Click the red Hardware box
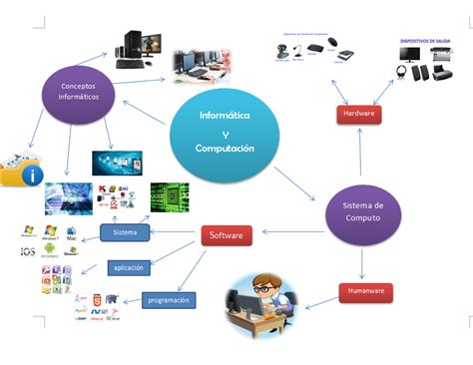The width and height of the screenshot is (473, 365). click(x=358, y=116)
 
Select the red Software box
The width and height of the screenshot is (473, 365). click(x=225, y=236)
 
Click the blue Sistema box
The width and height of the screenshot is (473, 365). click(x=125, y=232)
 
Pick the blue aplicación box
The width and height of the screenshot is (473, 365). click(x=130, y=267)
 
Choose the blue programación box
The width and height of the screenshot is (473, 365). click(x=169, y=299)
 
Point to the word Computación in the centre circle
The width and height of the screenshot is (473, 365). click(x=225, y=149)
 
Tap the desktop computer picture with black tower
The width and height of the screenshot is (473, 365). click(x=137, y=47)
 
